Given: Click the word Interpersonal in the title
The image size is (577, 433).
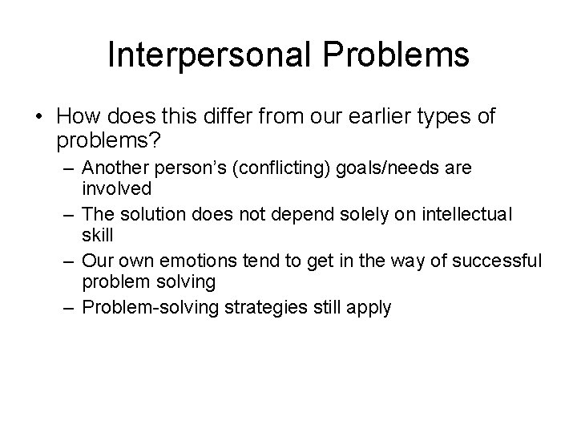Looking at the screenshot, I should point(204,55).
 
